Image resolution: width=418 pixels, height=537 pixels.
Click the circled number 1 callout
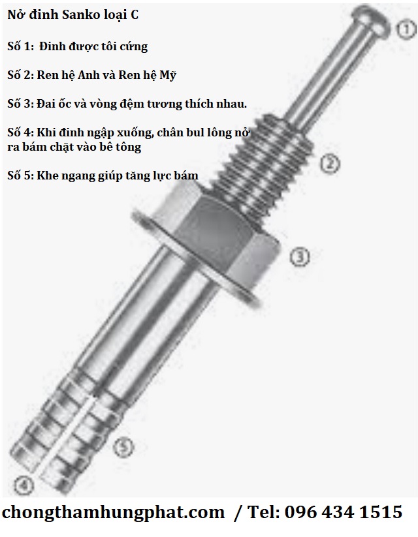pos(407,30)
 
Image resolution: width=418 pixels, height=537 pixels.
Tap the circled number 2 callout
pos(330,164)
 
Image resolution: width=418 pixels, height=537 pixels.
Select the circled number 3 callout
pos(300,256)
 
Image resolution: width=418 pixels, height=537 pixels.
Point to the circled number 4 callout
pos(24,485)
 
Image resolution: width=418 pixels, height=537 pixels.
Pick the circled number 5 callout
pos(123,446)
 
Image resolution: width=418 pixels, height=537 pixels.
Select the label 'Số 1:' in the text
pos(20,46)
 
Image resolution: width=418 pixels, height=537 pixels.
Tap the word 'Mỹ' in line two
pos(168,75)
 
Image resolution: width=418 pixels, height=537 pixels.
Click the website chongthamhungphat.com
pos(113,513)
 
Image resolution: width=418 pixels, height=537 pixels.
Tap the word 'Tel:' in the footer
pos(263,512)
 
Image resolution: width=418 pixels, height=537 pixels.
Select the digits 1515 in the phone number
pos(381,512)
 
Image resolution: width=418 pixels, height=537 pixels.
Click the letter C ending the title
pos(135,15)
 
